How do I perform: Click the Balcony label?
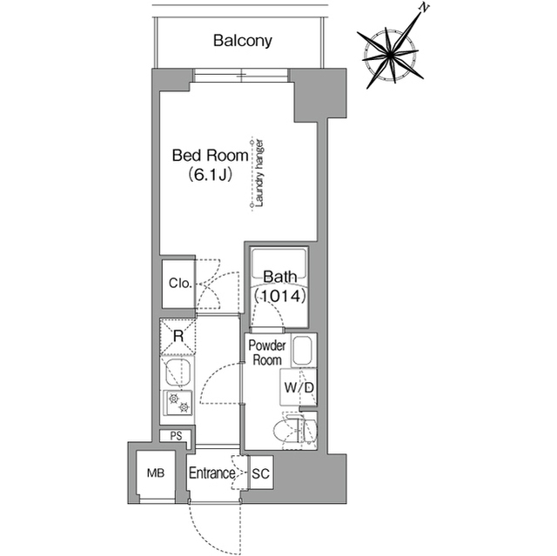point(243,40)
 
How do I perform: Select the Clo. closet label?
point(180,283)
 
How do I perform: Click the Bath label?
point(280,278)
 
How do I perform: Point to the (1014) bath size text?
point(280,297)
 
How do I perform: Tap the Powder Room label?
point(266,353)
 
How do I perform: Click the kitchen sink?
point(178,375)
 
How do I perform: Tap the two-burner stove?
point(178,404)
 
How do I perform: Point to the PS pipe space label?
point(175,437)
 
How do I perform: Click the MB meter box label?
point(155,474)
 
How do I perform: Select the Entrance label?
point(211,474)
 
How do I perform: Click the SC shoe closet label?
point(260,474)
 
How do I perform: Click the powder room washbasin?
point(303,352)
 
